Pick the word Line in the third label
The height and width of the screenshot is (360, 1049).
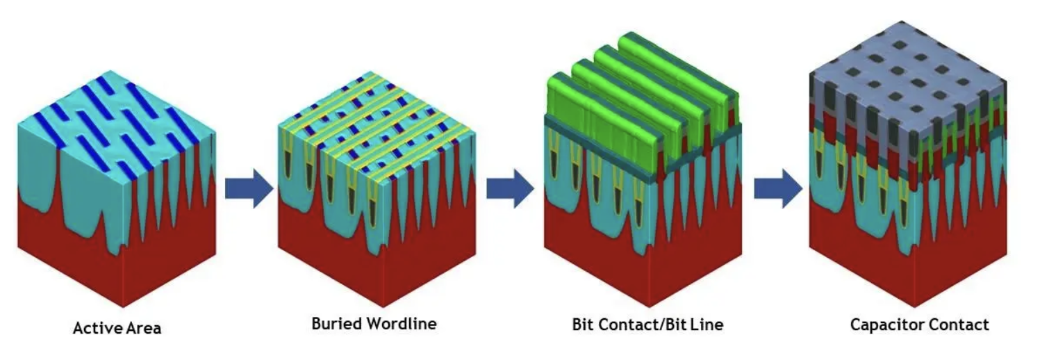[x=708, y=325]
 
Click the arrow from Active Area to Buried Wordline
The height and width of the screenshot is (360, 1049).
[x=249, y=188]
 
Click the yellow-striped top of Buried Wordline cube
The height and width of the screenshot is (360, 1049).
[x=375, y=118]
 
